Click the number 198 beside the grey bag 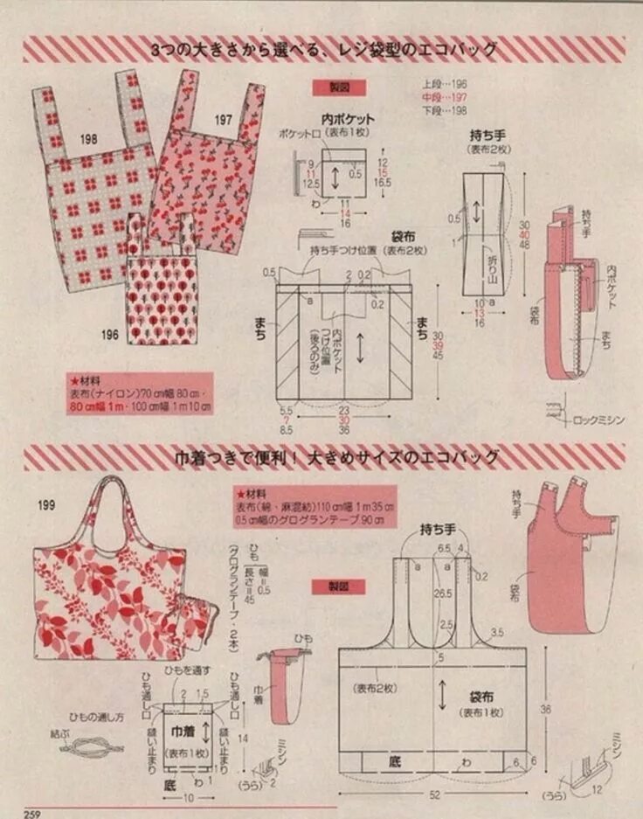coord(88,139)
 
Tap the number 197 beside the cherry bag coord(224,119)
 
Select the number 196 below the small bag coord(109,334)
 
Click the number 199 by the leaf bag coord(48,504)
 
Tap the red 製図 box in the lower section coord(341,586)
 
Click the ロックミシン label coord(598,420)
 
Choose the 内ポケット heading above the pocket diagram coord(348,119)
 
